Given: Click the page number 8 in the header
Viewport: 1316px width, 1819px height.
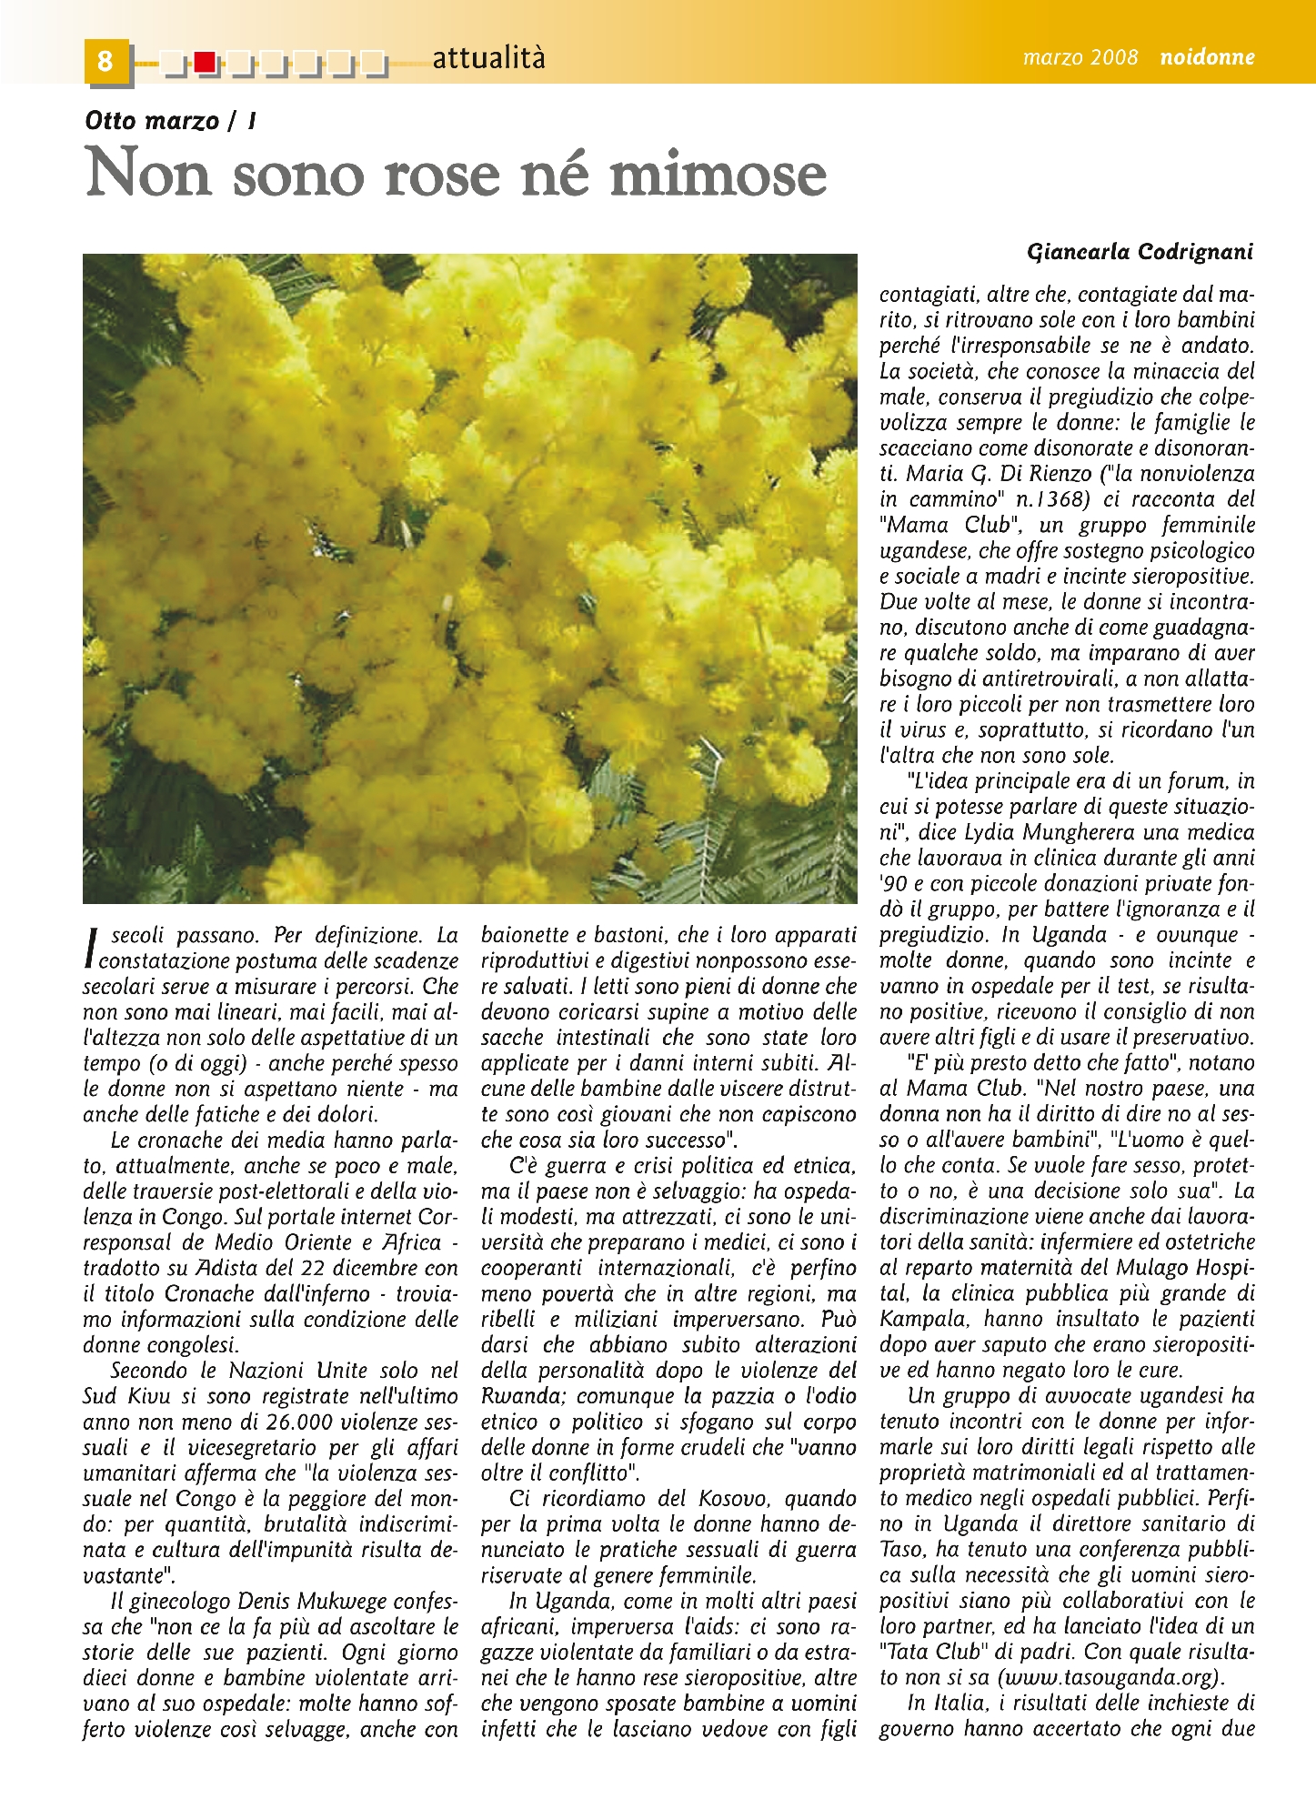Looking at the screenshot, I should [105, 60].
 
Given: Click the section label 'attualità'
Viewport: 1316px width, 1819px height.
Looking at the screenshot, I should [488, 58].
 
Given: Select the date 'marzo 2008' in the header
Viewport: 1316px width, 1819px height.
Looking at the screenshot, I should [1080, 57].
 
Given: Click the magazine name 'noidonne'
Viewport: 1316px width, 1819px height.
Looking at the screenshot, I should [1207, 57].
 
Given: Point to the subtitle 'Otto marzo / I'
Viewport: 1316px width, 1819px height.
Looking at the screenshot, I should [170, 121].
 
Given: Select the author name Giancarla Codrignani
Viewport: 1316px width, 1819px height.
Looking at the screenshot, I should [1140, 252].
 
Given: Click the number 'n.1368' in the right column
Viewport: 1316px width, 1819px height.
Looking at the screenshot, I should [1052, 499].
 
